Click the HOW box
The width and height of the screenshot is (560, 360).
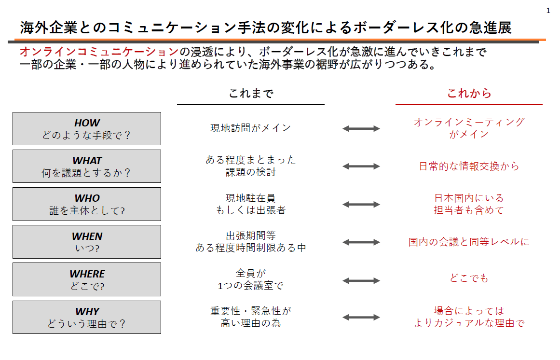(x=87, y=128)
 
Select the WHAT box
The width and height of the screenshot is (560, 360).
(x=87, y=166)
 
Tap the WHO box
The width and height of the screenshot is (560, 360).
(x=87, y=204)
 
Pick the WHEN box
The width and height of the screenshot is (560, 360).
(x=87, y=242)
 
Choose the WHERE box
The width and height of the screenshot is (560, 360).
(x=87, y=279)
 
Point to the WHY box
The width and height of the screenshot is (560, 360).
(x=87, y=317)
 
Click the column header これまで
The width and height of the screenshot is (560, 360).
(x=251, y=93)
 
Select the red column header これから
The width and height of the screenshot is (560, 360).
(x=469, y=93)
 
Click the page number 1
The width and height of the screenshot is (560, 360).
(x=548, y=11)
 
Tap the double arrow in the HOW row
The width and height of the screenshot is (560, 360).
(x=361, y=128)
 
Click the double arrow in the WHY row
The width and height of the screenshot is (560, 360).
(x=361, y=317)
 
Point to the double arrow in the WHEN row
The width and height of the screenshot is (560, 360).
(x=361, y=242)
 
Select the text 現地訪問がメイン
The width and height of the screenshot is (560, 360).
(x=251, y=128)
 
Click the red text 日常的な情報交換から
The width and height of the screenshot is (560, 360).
(x=469, y=166)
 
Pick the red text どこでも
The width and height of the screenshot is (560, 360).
(x=469, y=278)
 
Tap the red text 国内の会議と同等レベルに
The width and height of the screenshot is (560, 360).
(x=469, y=242)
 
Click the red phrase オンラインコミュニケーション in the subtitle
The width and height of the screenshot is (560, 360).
(x=99, y=52)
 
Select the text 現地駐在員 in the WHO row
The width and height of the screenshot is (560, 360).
(x=251, y=198)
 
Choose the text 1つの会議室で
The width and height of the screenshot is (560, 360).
(x=251, y=285)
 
